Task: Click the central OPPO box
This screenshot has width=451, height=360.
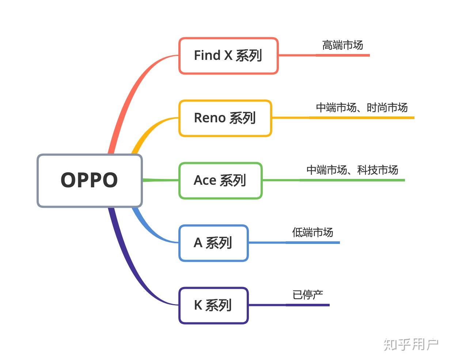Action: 90,181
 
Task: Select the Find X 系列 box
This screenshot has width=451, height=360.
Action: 228,56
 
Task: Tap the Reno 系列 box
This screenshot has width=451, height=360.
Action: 225,118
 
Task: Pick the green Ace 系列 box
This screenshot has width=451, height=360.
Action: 220,180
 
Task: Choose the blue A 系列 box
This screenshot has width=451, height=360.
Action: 213,243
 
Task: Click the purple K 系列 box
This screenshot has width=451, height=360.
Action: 213,305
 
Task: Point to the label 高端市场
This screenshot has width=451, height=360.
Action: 342,45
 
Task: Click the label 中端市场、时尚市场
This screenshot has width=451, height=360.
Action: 362,108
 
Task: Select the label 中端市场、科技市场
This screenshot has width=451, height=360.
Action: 352,170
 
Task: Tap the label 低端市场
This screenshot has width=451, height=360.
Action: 312,233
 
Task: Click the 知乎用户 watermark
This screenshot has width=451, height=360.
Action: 411,345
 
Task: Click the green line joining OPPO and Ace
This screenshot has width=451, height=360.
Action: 160,180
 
